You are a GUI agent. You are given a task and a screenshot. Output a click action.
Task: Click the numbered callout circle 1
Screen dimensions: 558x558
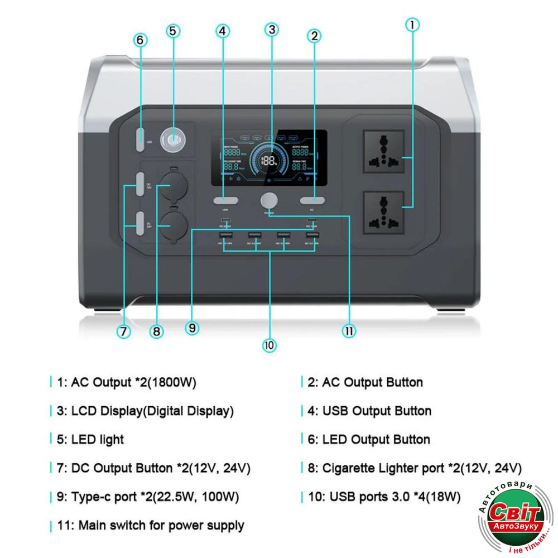[412, 25]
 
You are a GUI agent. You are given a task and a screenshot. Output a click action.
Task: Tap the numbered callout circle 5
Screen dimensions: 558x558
[173, 31]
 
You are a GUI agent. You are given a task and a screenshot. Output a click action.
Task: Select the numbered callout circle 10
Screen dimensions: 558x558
[270, 345]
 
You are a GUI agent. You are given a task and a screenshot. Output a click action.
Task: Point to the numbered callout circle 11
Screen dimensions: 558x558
[349, 331]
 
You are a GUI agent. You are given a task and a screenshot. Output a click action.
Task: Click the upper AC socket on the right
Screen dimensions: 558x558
[383, 151]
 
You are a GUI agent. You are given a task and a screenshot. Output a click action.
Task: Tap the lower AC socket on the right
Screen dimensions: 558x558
[383, 213]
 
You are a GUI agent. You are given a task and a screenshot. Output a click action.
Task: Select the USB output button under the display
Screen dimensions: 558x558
[225, 200]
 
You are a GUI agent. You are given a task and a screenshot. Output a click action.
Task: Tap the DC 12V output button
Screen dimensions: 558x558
[139, 186]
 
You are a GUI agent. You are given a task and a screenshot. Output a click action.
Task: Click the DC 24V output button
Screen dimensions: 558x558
[139, 225]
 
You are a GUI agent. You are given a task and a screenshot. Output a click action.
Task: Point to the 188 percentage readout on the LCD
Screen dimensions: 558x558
[269, 161]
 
